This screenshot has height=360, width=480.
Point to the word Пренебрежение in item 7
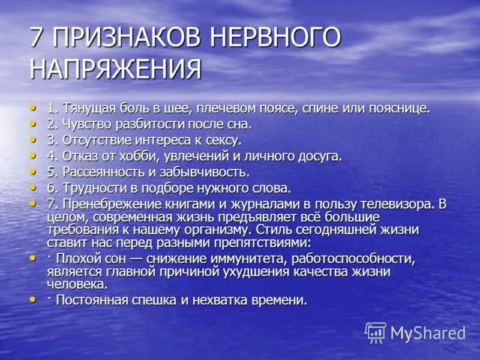(x=106, y=204)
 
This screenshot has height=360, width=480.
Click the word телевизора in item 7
(x=399, y=204)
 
